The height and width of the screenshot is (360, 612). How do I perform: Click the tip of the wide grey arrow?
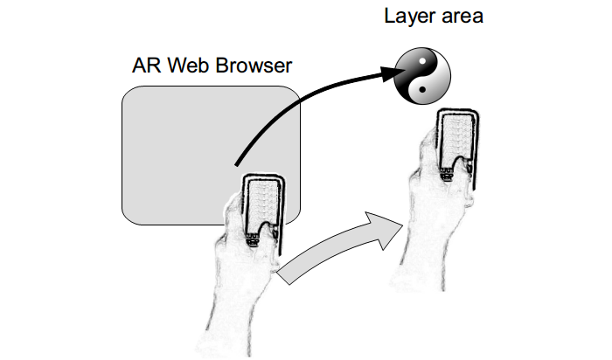click(400, 225)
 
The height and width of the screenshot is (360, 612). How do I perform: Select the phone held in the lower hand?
click(261, 210)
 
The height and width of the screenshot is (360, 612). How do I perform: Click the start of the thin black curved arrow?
click(236, 163)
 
